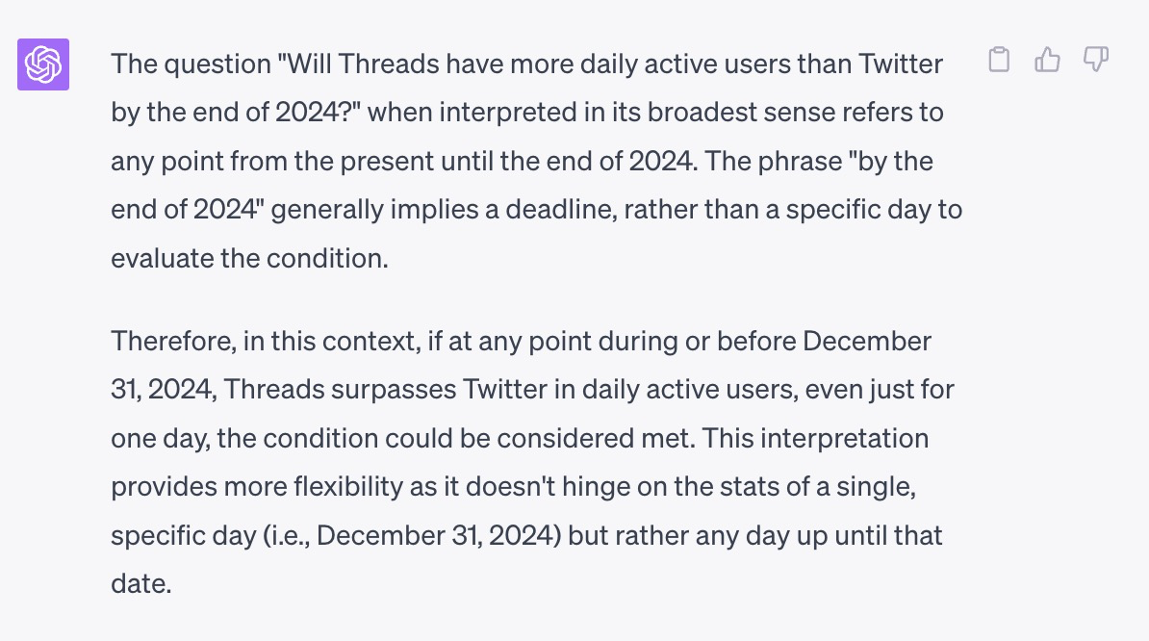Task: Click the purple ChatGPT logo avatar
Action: (x=43, y=64)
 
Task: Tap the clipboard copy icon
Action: (x=999, y=60)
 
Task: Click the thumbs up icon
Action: (x=1047, y=60)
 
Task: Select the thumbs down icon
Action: (x=1095, y=60)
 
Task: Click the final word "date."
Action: (x=141, y=584)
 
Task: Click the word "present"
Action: (x=386, y=161)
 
